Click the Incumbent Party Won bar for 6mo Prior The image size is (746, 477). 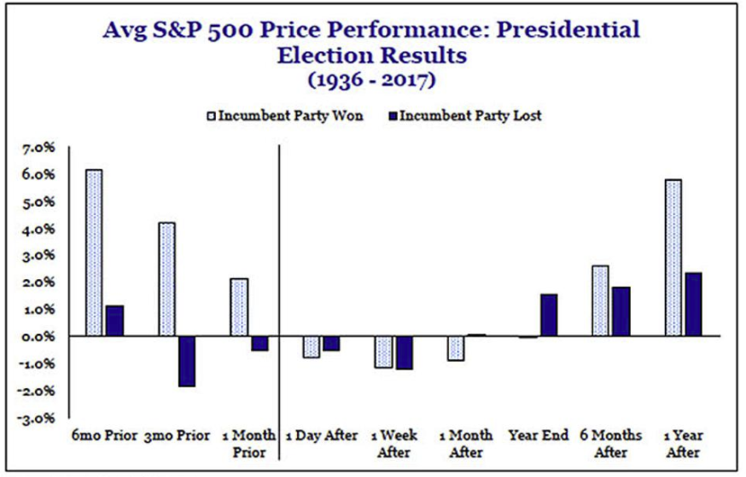pyautogui.click(x=94, y=253)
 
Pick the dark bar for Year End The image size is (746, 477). pyautogui.click(x=548, y=315)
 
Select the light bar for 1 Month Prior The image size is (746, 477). pyautogui.click(x=239, y=307)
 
